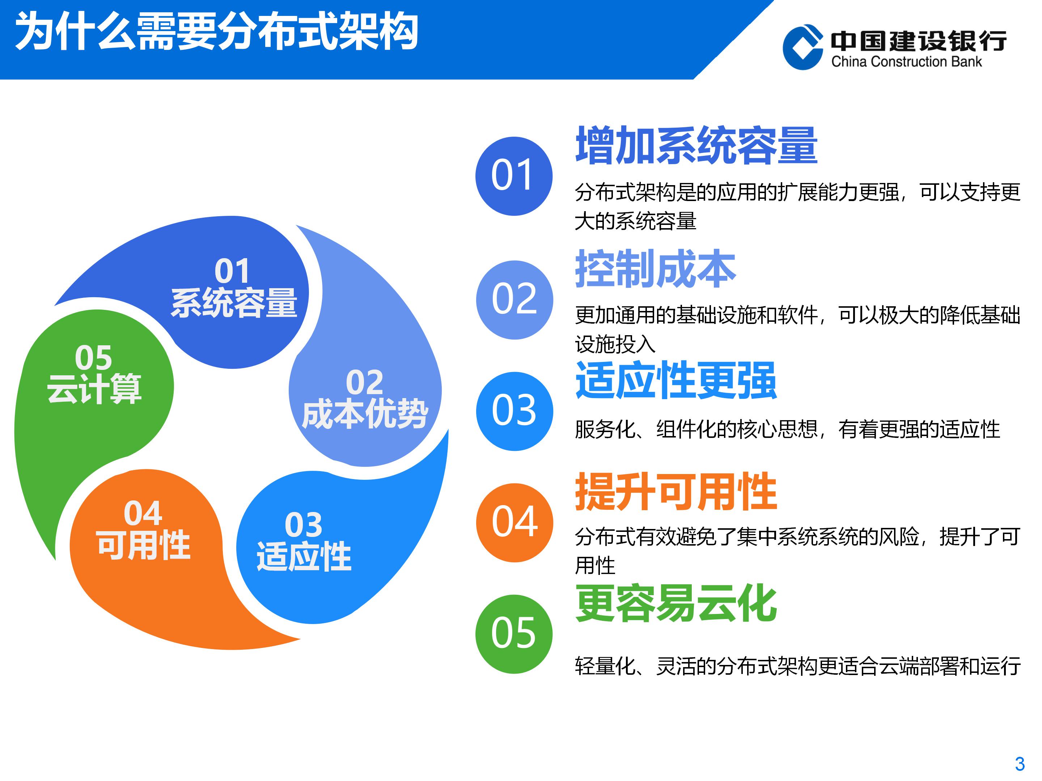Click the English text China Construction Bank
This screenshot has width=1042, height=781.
click(907, 62)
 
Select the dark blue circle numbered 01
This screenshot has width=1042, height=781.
click(514, 176)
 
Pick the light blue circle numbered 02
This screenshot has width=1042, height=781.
click(514, 300)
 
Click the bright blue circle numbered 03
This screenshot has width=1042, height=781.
click(514, 411)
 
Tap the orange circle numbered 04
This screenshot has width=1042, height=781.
click(514, 522)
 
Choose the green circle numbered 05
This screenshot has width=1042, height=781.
click(514, 634)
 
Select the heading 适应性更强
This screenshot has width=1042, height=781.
click(676, 380)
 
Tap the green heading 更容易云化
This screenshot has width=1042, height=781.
click(676, 603)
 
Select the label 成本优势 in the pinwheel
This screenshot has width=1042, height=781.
click(365, 414)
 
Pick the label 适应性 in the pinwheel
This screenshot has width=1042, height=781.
click(304, 556)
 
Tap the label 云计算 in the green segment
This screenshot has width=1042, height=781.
click(94, 389)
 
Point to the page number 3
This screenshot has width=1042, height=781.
click(1020, 764)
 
